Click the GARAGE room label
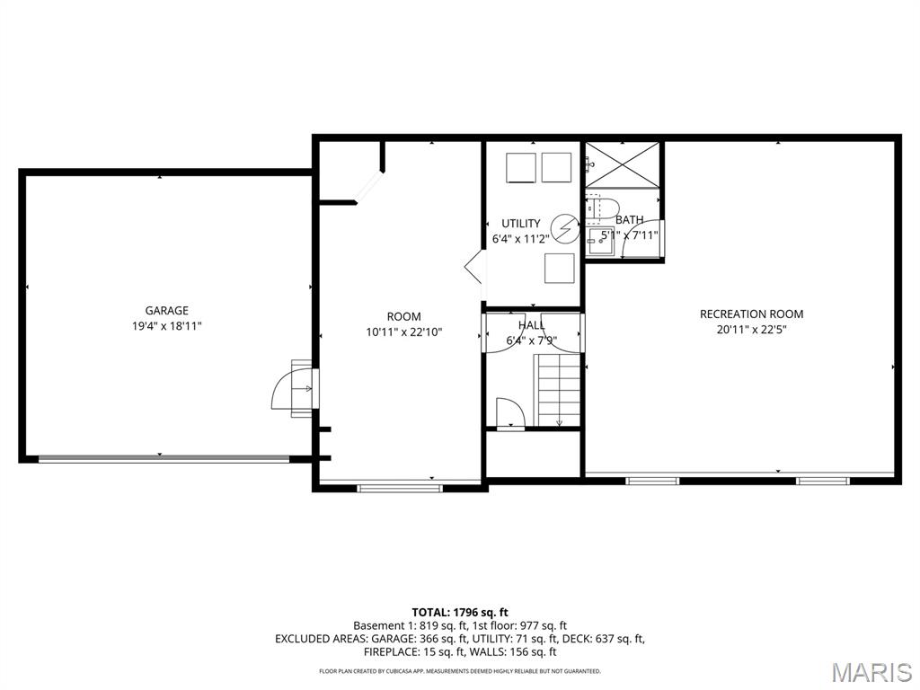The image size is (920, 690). pos(167,311)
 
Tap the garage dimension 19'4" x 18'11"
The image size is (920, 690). pos(167,326)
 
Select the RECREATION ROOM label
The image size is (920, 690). pos(751,314)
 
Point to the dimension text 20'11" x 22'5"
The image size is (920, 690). pos(751,329)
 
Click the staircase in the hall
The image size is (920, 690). pos(559,389)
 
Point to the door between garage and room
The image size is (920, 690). pos(295,389)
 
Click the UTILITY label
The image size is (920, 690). pos(521,224)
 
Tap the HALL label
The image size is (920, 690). pos(531,325)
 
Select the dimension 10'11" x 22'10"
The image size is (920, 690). pos(403,332)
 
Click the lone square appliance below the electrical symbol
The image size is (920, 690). pos(559,268)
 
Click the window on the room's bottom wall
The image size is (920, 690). pos(400,488)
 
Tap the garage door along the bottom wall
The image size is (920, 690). pos(164,458)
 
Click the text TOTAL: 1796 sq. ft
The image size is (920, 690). pos(460,612)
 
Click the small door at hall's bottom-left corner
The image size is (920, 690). pos(509,414)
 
